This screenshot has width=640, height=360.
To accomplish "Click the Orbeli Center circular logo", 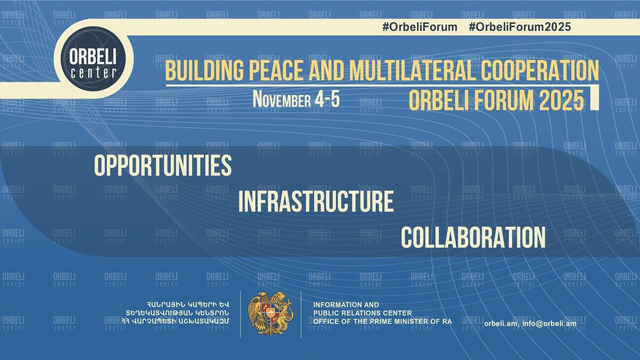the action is pos(93,59).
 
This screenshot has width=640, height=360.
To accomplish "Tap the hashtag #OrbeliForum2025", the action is pos(519,27).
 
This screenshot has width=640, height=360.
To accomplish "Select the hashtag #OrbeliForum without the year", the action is pos(419,27).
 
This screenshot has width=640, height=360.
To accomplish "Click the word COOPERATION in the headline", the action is pos(540,70).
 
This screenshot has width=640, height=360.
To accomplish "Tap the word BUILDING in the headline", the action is pos(205,70).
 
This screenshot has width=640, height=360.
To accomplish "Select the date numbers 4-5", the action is pos(327,99).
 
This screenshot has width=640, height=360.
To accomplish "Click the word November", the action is pos(281,99).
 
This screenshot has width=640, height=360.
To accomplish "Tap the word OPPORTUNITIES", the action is pos(163,165).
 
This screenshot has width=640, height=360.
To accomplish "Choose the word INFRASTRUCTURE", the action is pos(316,201).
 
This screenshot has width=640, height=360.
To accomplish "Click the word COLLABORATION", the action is pos(473,237).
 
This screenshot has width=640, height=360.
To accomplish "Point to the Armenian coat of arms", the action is pos(270,313).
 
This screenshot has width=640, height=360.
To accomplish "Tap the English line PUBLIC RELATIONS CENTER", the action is pos(362,313).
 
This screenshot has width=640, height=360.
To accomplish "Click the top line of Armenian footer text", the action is pos(187,304).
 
